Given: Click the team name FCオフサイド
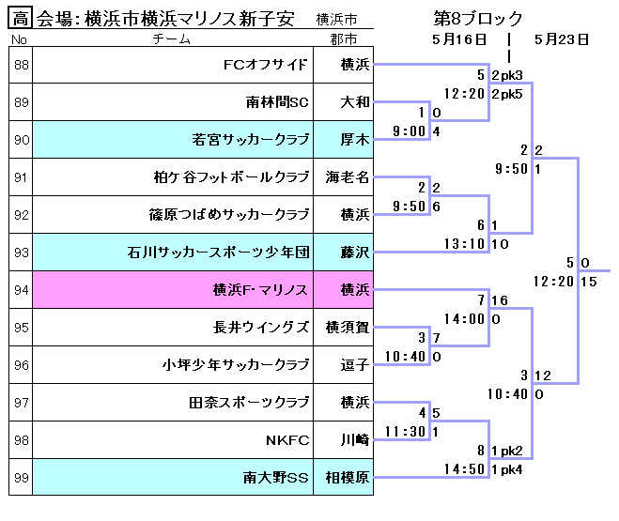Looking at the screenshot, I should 266,65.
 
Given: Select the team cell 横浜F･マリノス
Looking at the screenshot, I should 261,289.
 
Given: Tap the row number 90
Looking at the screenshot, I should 22,140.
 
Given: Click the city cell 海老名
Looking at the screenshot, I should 347,176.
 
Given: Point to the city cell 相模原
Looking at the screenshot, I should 347,477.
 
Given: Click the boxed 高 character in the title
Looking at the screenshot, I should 22,18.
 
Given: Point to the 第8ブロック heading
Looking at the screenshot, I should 478,18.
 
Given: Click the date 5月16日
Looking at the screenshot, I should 459,39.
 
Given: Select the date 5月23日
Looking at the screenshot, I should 561,39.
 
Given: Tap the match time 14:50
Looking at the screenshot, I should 464,468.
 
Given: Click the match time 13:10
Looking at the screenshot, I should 464,243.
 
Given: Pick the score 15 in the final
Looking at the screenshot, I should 589,281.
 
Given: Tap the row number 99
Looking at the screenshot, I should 22,477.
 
